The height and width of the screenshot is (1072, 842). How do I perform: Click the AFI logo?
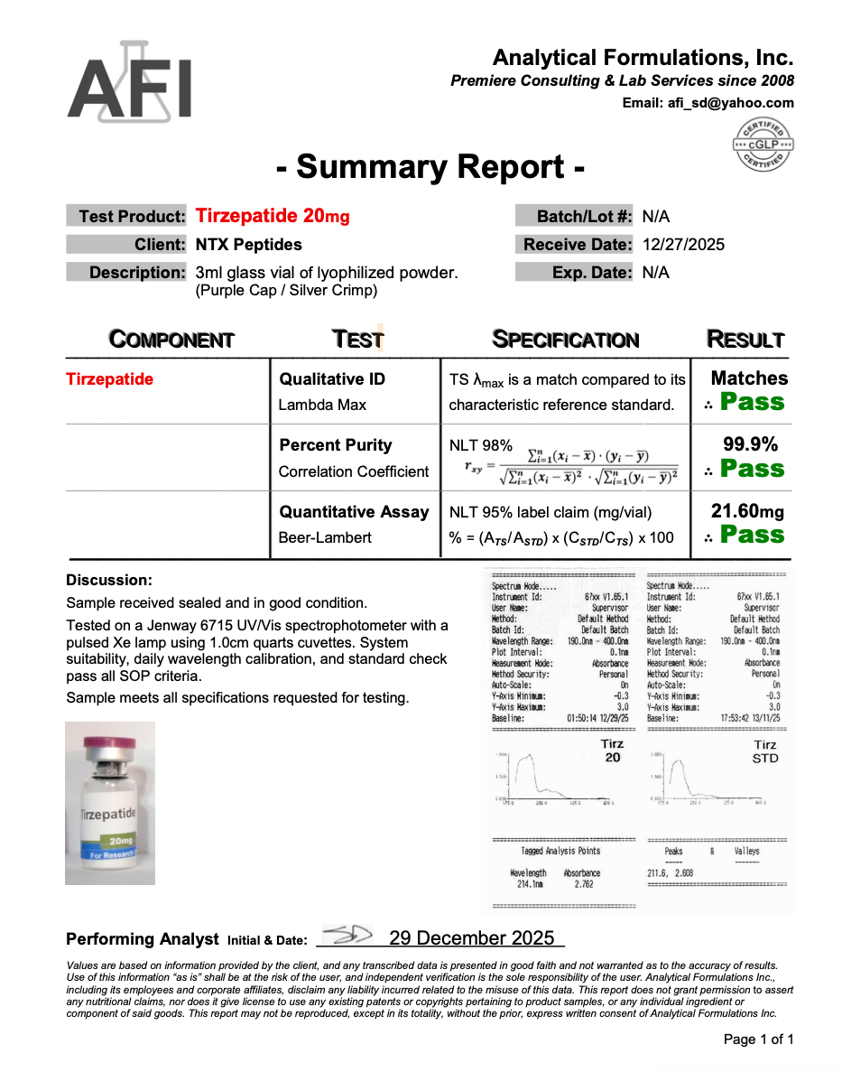[130, 82]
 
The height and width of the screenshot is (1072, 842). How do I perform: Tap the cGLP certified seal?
[763, 144]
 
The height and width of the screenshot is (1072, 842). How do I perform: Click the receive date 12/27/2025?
[683, 245]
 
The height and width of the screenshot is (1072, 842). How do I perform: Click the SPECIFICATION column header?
[566, 340]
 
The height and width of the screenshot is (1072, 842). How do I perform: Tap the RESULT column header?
[745, 340]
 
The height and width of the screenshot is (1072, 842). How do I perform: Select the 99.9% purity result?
[750, 444]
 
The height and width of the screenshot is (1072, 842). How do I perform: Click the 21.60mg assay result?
[747, 512]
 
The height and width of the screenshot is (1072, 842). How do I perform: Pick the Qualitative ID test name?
[332, 379]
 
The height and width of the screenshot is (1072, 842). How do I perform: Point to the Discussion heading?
[109, 580]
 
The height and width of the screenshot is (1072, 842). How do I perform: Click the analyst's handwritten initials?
[347, 936]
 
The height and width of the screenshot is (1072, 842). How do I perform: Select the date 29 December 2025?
[472, 938]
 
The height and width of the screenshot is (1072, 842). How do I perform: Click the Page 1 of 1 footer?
[759, 1039]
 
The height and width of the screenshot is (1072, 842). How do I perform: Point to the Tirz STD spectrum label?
[765, 751]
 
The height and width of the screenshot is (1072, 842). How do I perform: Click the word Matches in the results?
[749, 378]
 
